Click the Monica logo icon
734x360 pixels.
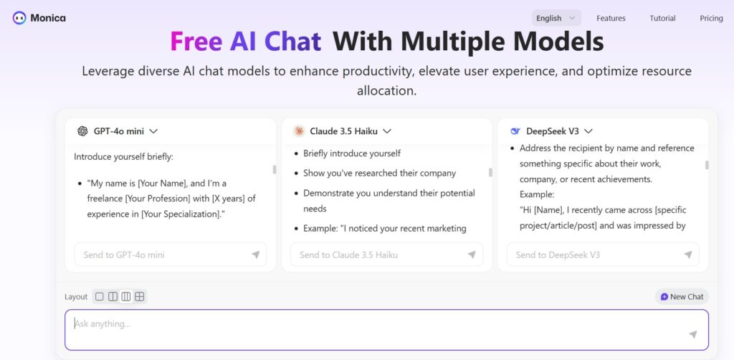pos(19,18)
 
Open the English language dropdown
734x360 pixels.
pos(556,18)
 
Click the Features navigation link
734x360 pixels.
pos(611,18)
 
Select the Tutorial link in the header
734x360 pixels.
pos(662,18)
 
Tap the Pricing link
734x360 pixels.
pos(711,18)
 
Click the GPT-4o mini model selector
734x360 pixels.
pos(118,131)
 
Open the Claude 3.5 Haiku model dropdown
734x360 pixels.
pos(342,131)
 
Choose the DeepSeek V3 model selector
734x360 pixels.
pos(551,131)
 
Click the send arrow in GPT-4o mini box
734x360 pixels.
pos(256,255)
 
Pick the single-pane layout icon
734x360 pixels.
pos(99,296)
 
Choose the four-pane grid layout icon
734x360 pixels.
pos(140,296)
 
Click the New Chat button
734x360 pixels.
pos(682,296)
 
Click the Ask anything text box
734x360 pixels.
pos(386,330)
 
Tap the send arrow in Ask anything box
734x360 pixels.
pos(693,334)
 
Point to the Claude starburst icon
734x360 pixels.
pos(299,131)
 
